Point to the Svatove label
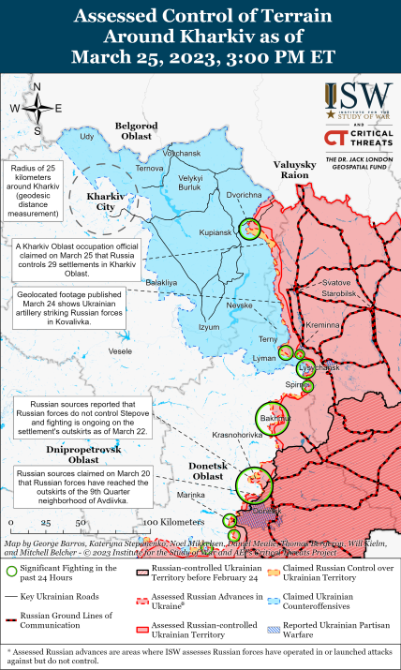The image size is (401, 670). tap(335, 282)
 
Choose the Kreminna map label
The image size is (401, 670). tap(322, 323)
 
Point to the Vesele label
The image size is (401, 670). tap(120, 350)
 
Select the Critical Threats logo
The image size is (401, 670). tap(357, 140)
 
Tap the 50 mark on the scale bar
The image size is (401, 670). tap(81, 521)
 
